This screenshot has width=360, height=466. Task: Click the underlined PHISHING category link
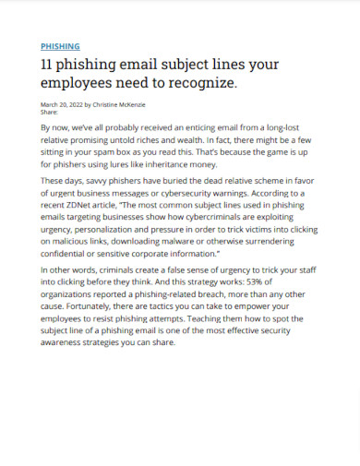pyautogui.click(x=61, y=45)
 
